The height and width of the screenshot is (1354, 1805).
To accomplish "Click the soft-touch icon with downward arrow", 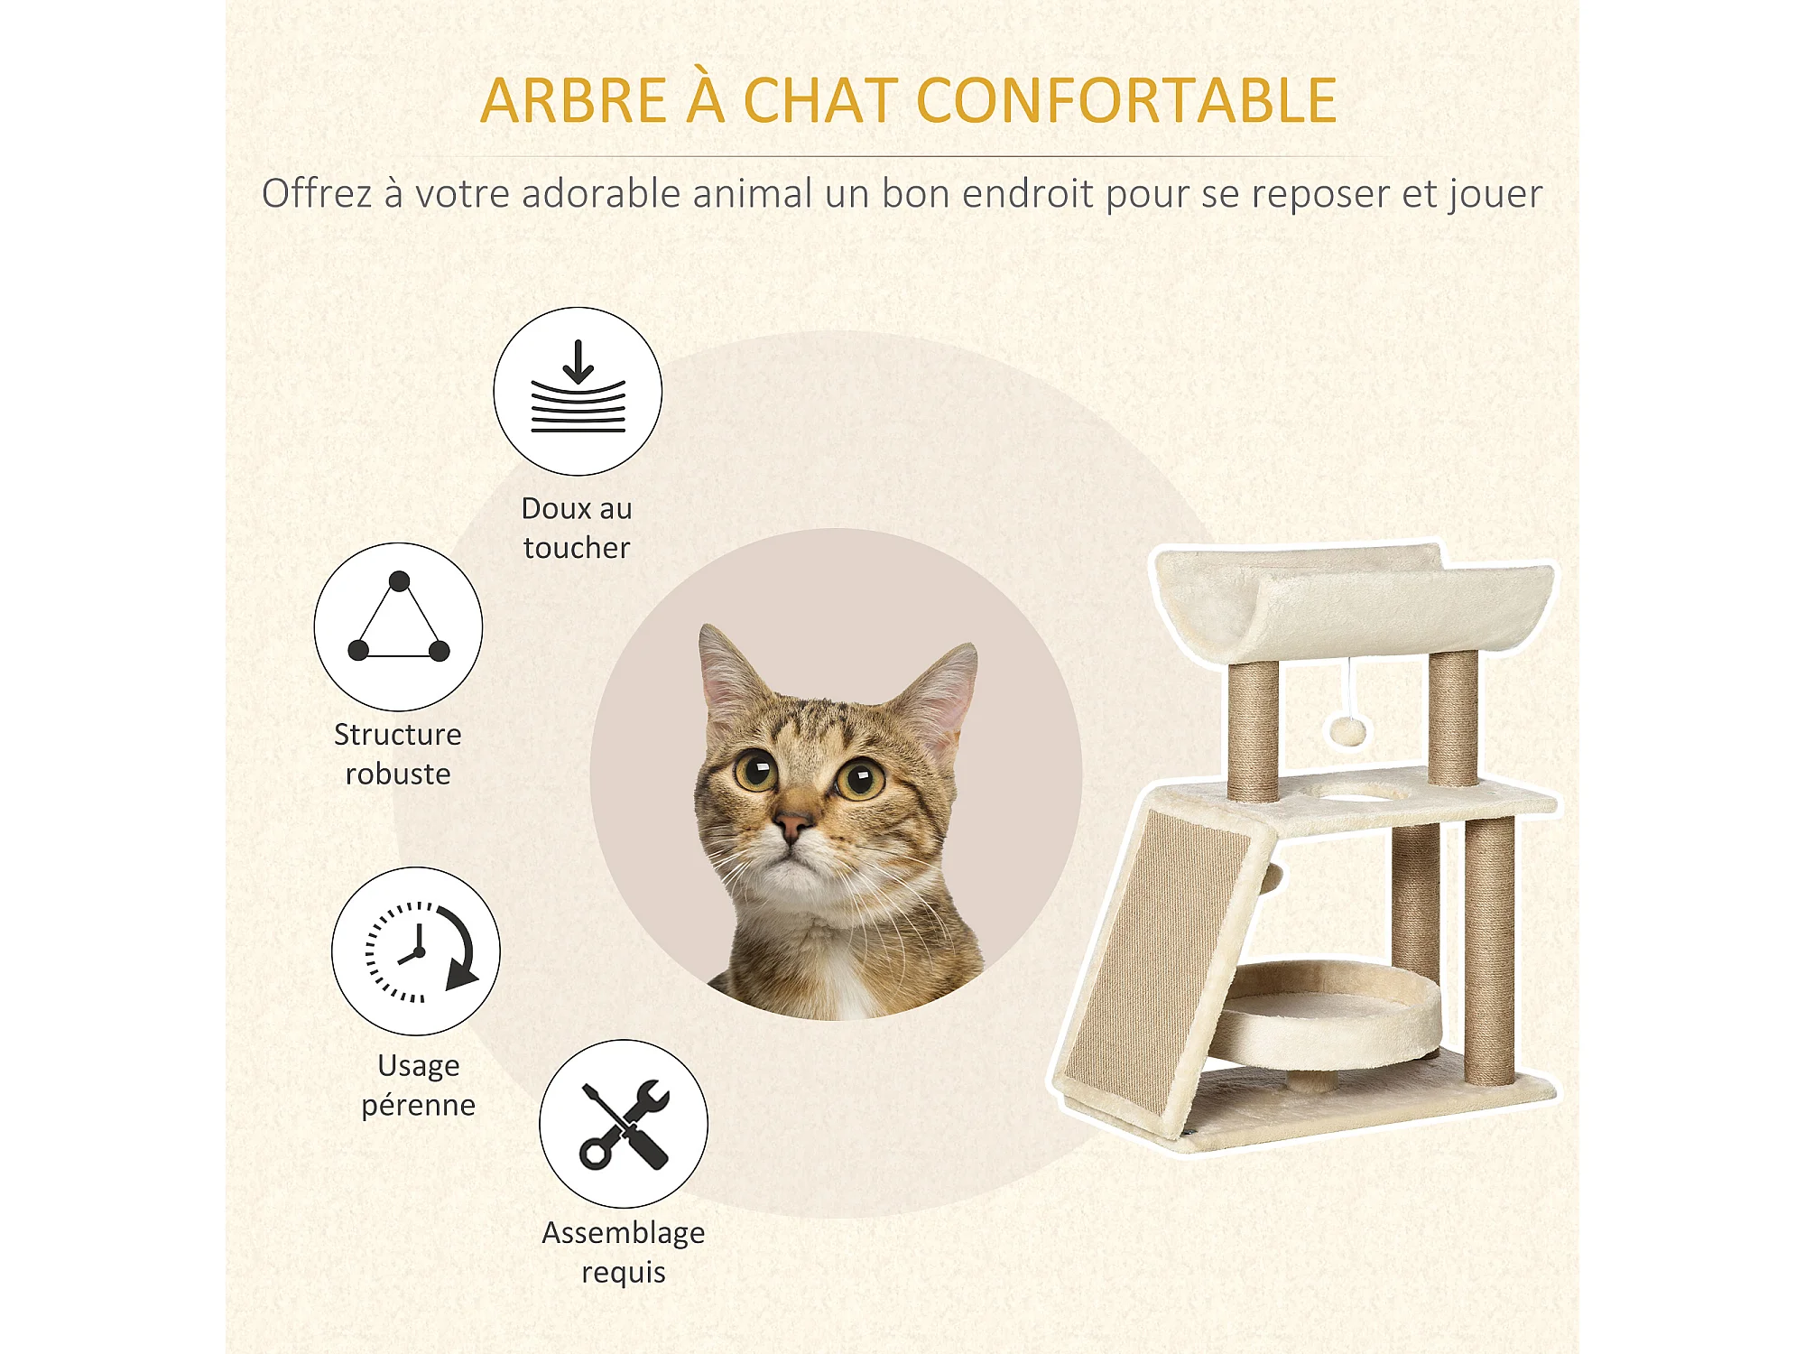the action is (x=578, y=391).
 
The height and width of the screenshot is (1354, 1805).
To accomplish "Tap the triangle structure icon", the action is (x=398, y=626).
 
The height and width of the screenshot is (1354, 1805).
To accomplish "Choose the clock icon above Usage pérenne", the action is (x=416, y=951).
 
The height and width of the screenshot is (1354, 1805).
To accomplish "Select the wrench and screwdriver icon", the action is (x=624, y=1124).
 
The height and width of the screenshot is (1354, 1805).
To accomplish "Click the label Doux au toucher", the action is (x=577, y=528).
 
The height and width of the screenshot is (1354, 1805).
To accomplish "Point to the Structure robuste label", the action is (x=398, y=754).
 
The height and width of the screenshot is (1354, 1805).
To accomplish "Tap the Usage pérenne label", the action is (x=419, y=1085).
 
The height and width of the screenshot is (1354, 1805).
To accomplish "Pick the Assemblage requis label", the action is (x=624, y=1252).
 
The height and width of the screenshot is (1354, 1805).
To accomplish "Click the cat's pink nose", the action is (x=793, y=824).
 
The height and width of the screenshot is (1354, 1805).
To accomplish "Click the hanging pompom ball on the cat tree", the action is (x=1348, y=731).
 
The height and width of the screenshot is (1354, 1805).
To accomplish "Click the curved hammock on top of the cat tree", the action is (x=1354, y=600).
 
